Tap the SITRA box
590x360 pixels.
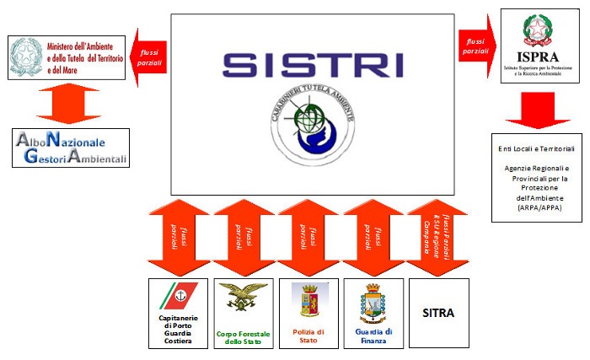(437, 313)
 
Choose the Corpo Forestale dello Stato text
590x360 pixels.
(243, 338)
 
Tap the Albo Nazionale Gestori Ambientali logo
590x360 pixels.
(72, 148)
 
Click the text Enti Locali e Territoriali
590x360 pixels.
(531, 149)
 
